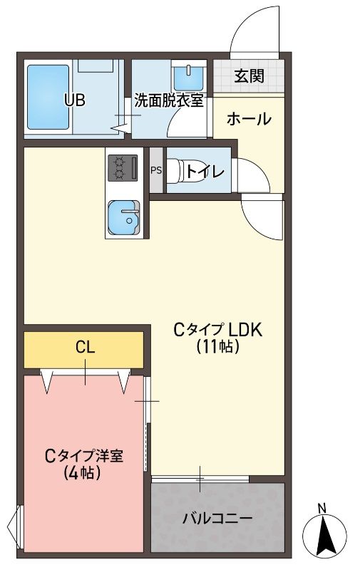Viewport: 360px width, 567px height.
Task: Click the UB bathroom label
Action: (x=75, y=100)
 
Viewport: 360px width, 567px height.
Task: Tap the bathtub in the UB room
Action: (x=48, y=98)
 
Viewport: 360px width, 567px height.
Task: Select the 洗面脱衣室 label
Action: (x=169, y=100)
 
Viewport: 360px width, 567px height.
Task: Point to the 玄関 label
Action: (x=249, y=76)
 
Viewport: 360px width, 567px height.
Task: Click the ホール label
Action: (x=249, y=119)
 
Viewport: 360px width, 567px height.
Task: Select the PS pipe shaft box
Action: (x=155, y=170)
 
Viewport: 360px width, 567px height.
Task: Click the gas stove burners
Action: (x=122, y=168)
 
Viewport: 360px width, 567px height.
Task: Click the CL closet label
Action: (x=86, y=348)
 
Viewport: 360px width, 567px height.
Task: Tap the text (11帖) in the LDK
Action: (x=217, y=347)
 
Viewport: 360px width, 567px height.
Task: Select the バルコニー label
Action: (x=217, y=518)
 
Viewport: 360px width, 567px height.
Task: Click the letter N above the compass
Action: (x=322, y=507)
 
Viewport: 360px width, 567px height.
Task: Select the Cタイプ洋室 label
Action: (x=83, y=455)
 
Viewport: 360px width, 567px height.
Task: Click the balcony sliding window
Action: (x=200, y=479)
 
